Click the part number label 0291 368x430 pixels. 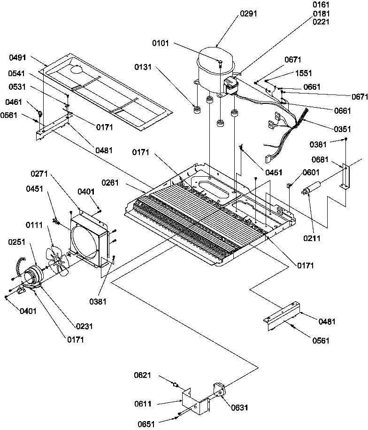coord(248,14)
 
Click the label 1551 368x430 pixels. coord(304,74)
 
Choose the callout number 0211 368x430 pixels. coord(312,238)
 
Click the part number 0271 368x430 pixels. coord(41,174)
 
